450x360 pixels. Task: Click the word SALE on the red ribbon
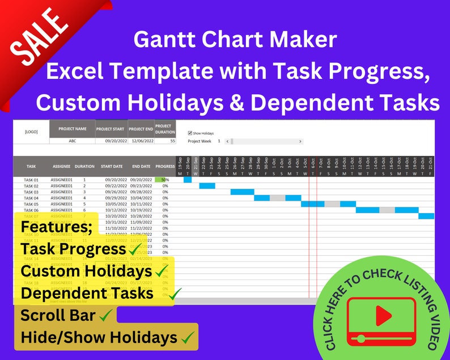[38, 36]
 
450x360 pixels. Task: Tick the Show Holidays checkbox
[190, 133]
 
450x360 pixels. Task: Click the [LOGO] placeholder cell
[31, 132]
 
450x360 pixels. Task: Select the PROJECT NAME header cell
[73, 129]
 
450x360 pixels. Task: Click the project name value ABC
[73, 142]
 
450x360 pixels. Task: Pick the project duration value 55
[172, 142]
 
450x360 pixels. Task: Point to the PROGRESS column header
[165, 167]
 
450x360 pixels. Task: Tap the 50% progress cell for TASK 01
[164, 180]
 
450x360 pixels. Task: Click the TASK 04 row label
[31, 198]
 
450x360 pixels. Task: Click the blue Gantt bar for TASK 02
[207, 185]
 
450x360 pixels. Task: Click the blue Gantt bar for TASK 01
[188, 180]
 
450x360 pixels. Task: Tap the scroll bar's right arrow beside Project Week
[300, 141]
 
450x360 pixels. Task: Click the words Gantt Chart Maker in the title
[235, 39]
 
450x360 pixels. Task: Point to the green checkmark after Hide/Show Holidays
[188, 338]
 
